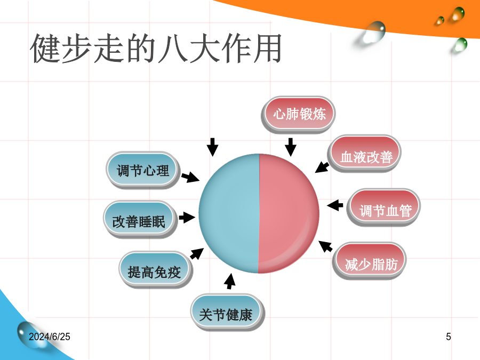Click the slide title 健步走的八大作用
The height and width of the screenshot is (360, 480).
click(156, 49)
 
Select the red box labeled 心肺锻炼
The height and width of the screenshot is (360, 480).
click(299, 114)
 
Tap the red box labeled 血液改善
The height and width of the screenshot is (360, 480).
click(365, 153)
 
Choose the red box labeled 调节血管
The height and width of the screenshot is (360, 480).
click(384, 207)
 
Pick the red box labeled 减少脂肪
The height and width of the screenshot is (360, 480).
click(370, 260)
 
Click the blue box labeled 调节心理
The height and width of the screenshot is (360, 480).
click(142, 170)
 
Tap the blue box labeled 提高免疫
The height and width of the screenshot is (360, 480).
click(156, 269)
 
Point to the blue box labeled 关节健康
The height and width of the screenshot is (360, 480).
click(227, 311)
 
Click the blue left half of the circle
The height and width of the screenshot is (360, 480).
click(229, 213)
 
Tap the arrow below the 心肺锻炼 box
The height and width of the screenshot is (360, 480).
click(291, 147)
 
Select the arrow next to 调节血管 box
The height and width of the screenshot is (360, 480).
click(335, 205)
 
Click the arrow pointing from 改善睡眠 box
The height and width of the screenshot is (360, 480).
click(187, 218)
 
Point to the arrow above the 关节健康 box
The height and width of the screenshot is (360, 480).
click(229, 281)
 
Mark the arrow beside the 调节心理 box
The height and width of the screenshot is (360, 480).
click(190, 178)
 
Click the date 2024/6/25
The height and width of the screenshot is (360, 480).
click(49, 337)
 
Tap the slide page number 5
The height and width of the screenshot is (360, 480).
click(448, 337)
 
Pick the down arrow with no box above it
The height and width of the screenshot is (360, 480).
click(212, 147)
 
